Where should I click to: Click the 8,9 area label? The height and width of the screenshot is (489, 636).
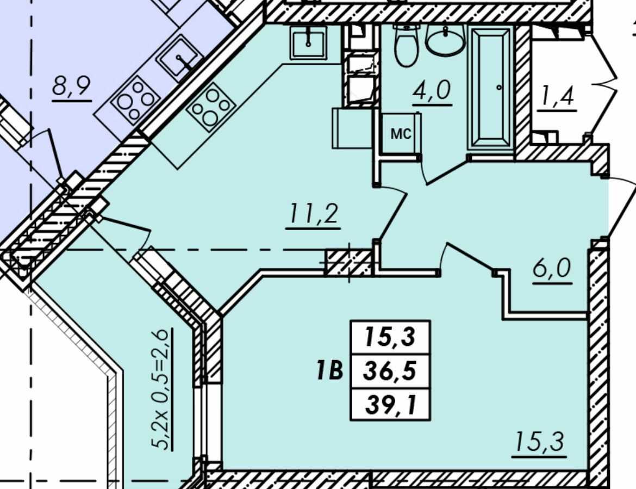(71, 86)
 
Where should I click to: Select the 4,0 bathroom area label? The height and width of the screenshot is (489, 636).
(432, 90)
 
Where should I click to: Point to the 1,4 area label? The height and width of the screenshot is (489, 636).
(556, 97)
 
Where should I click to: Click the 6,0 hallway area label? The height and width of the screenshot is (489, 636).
(552, 268)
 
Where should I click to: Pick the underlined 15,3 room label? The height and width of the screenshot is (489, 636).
(539, 442)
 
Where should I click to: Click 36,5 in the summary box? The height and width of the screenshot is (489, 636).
(390, 370)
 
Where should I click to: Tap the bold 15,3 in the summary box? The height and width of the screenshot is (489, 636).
(390, 337)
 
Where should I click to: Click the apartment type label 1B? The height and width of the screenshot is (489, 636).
(330, 370)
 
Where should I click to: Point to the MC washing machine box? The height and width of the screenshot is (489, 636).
(401, 133)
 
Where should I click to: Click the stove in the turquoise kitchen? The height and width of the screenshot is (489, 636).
(211, 107)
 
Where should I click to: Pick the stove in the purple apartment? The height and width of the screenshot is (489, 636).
(134, 99)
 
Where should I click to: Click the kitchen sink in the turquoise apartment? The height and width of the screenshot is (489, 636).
(308, 42)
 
